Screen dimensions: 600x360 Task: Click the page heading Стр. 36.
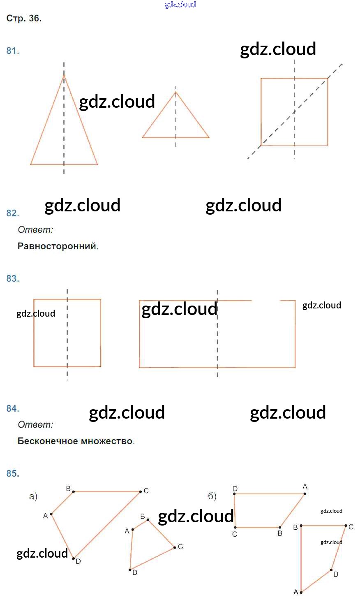[x=24, y=19]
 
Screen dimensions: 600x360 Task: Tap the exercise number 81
[x=12, y=51]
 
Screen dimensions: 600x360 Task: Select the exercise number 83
[x=12, y=279]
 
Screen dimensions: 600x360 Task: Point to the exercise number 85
[x=12, y=474]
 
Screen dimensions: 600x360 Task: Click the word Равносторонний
[x=57, y=246]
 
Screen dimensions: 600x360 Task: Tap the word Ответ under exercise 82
[x=35, y=230]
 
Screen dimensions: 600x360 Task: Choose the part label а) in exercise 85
[x=33, y=496]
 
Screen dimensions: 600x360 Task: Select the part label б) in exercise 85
[x=212, y=496]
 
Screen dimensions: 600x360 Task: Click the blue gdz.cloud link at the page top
[x=180, y=5]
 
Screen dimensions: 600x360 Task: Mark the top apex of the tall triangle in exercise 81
[x=64, y=75]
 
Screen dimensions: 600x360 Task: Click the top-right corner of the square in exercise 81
[x=328, y=78]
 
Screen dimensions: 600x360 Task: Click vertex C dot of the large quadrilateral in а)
[x=140, y=491]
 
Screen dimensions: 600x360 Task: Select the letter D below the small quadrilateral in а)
[x=135, y=573]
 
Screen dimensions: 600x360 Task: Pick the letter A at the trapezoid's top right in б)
[x=305, y=487]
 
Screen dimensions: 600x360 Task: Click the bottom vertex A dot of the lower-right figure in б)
[x=301, y=592]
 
